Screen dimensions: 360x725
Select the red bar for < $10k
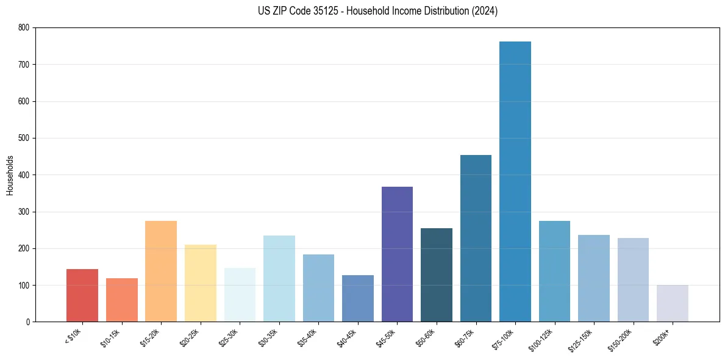[82, 295]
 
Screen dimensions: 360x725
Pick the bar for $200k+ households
[673, 303]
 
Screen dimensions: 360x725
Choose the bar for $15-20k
[161, 272]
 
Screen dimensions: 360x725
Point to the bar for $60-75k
[476, 239]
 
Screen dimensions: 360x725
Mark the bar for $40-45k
[358, 298]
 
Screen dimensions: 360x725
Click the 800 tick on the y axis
[24, 27]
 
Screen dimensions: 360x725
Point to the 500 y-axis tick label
[24, 138]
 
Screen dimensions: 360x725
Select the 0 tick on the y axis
[28, 322]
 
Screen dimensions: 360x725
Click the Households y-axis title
[10, 175]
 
